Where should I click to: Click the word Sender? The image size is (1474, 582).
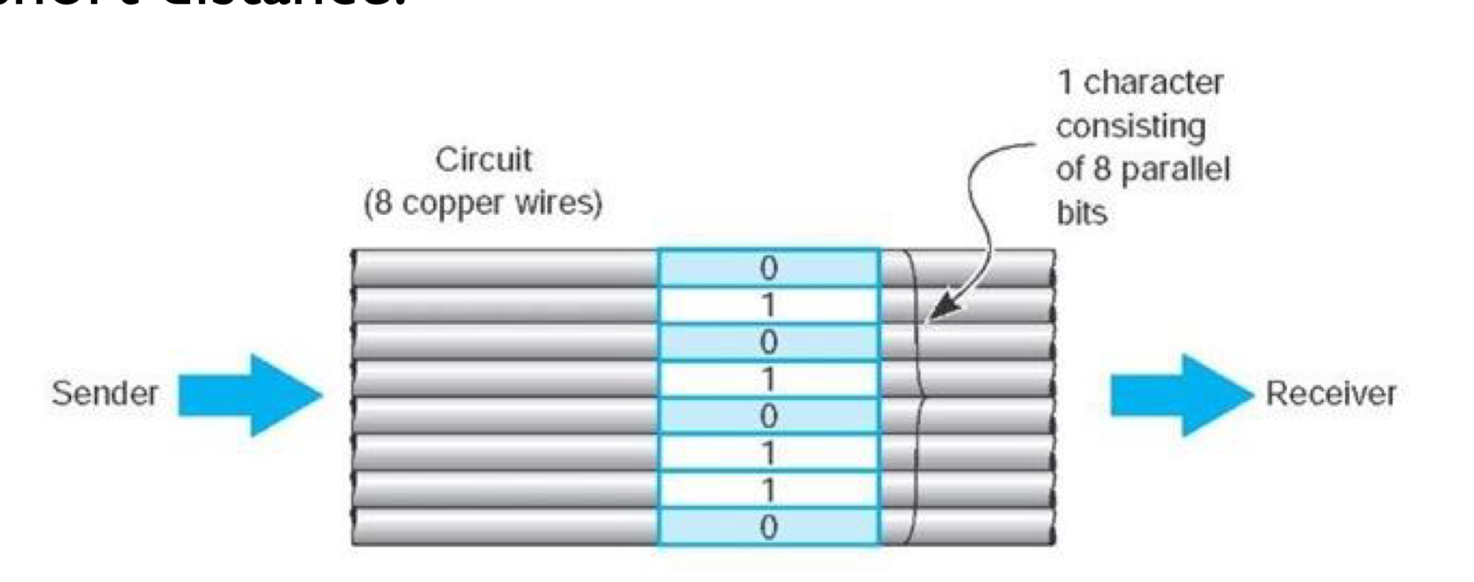click(x=105, y=393)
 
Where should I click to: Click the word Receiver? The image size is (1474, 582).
click(x=1331, y=393)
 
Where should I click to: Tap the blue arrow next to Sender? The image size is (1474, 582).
click(x=250, y=395)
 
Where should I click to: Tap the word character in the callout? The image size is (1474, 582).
click(x=1153, y=83)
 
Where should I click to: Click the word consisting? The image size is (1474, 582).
click(x=1130, y=127)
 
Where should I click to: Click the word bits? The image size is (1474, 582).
click(x=1081, y=213)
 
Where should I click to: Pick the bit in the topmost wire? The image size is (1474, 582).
click(x=768, y=268)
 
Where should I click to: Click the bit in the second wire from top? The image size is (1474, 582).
click(x=768, y=305)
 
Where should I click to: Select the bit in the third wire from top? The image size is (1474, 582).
click(x=768, y=342)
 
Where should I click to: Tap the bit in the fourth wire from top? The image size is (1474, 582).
click(x=768, y=379)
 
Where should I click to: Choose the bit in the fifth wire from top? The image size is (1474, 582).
click(x=768, y=416)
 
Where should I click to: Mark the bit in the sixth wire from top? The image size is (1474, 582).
click(x=768, y=453)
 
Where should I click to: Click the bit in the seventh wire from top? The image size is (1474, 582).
click(x=768, y=490)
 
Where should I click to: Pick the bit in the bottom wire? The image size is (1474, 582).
click(x=768, y=527)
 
